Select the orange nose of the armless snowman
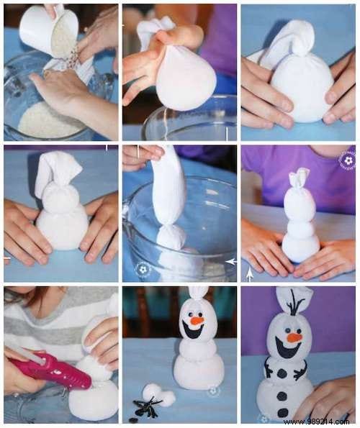(x=197, y=320)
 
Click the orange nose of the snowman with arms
(x=294, y=337)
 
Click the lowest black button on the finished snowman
(x=283, y=414)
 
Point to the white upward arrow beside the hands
(x=250, y=273)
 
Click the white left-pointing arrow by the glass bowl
(x=230, y=261)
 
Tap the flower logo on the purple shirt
(x=346, y=160)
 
